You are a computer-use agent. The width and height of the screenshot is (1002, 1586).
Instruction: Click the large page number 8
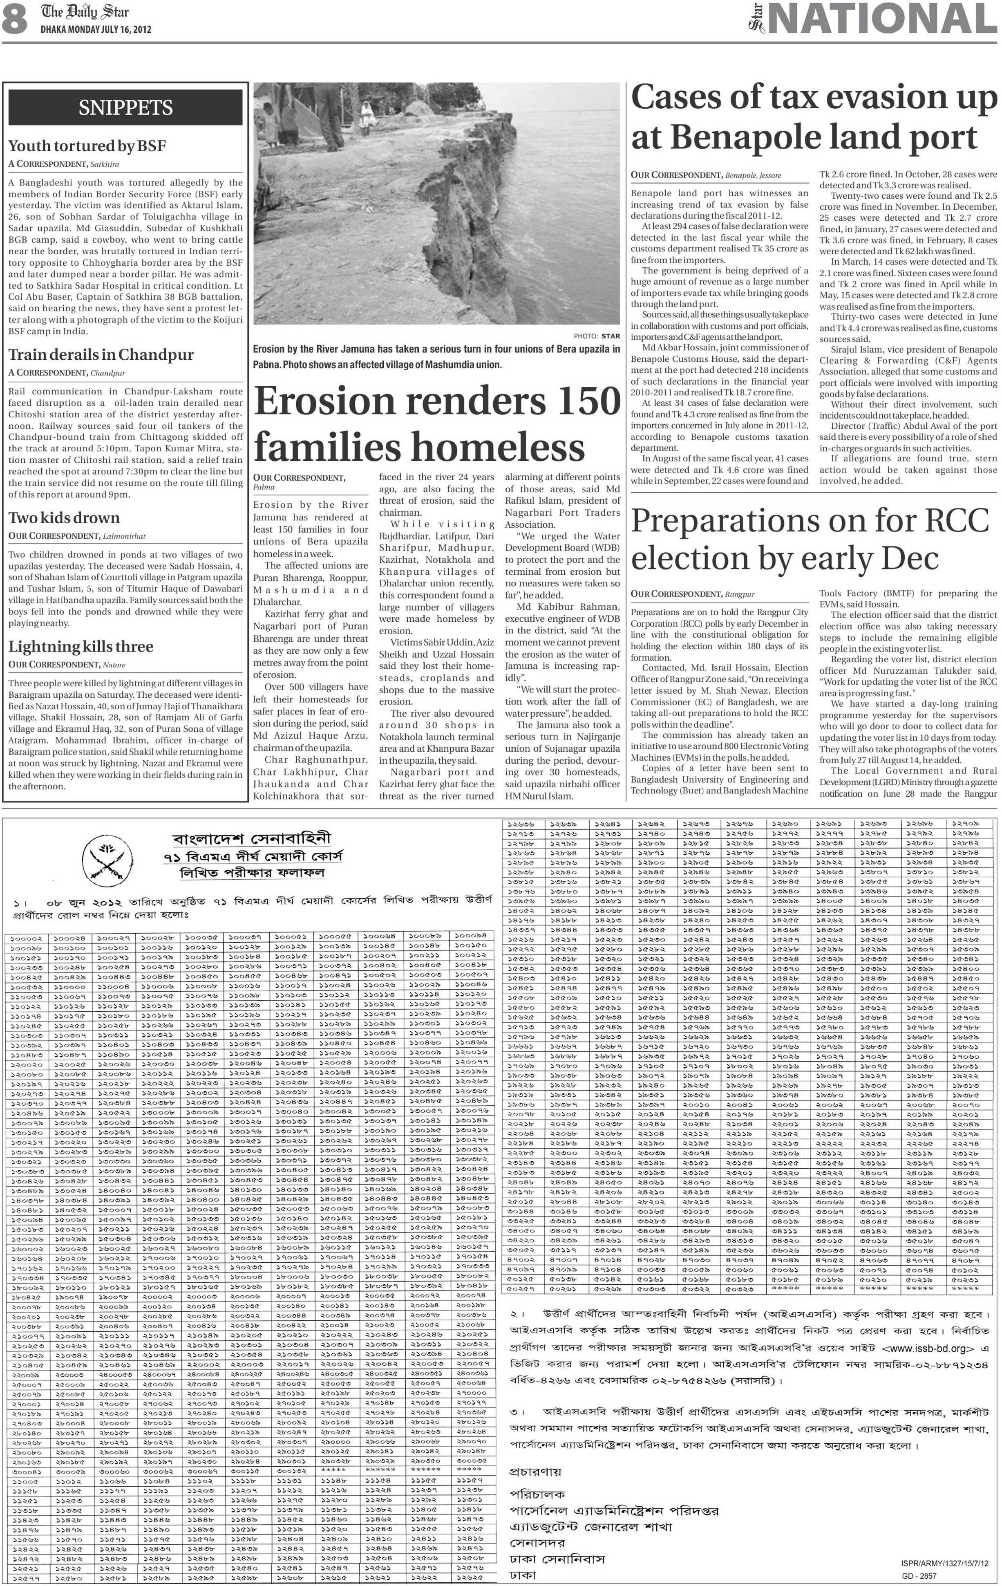click(x=14, y=19)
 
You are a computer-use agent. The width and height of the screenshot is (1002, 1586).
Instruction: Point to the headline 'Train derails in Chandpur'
click(x=101, y=354)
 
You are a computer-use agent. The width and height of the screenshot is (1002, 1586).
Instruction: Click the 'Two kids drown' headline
click(x=64, y=517)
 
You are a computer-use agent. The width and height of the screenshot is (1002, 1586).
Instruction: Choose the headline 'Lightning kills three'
click(x=81, y=646)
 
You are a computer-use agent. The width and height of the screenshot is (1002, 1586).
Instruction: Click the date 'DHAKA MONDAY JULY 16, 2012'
click(x=96, y=30)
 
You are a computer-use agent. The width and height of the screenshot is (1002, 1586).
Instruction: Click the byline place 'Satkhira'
click(x=105, y=164)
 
